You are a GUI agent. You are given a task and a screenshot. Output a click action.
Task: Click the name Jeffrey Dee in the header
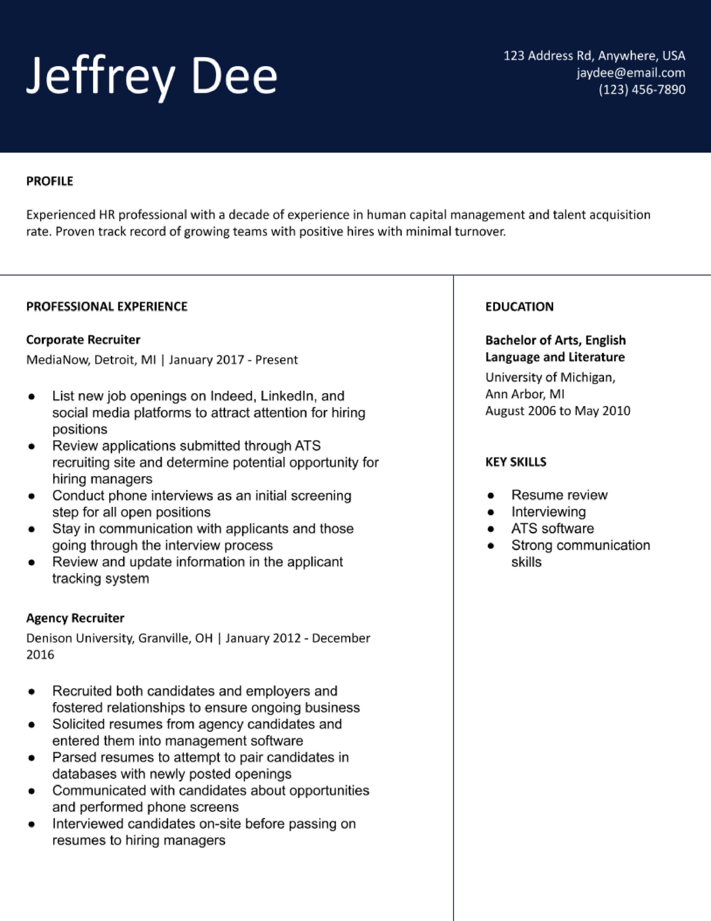(x=152, y=76)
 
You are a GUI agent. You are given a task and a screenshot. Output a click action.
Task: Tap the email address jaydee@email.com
(x=631, y=73)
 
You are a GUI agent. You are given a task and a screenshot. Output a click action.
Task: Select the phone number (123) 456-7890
(x=642, y=89)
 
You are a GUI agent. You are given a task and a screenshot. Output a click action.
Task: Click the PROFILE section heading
(x=50, y=181)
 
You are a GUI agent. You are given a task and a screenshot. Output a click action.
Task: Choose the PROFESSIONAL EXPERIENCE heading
(x=107, y=306)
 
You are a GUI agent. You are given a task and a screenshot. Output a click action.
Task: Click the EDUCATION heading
(x=519, y=307)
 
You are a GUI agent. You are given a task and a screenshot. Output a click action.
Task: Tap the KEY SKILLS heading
(x=515, y=462)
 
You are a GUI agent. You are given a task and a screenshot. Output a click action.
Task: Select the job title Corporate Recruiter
(x=83, y=340)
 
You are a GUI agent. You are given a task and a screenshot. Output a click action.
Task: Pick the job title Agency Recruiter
(x=75, y=618)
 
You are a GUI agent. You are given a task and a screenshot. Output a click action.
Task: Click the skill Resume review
(x=559, y=495)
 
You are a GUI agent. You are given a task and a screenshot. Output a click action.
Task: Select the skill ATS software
(x=552, y=528)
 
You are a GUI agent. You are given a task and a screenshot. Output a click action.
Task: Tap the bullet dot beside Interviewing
(x=490, y=512)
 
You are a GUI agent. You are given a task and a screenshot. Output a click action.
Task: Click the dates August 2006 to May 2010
(x=558, y=410)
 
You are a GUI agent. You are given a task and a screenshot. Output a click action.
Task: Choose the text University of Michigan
(x=550, y=377)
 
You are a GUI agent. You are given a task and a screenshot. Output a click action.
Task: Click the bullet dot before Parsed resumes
(x=31, y=758)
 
